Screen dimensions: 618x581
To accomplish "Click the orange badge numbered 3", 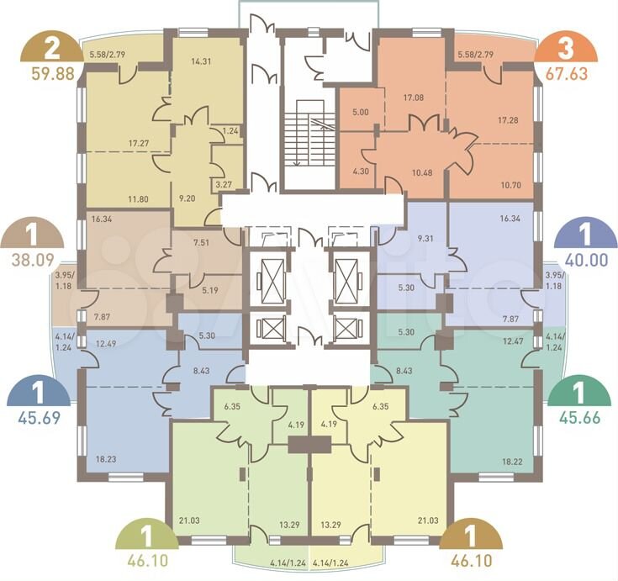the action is point(566,47).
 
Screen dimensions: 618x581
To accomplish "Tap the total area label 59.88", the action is point(53,74).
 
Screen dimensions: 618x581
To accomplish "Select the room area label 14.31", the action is point(201,61).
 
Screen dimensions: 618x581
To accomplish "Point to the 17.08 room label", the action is point(414,98).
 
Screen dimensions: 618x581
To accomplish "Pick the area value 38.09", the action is point(32,260).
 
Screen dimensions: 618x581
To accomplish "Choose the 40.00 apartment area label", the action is point(587,260).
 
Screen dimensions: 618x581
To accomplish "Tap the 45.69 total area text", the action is point(39,418).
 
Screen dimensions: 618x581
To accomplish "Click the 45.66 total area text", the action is point(580,417).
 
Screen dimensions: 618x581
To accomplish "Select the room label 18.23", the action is point(107,459).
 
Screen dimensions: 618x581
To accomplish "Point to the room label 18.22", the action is point(512,462).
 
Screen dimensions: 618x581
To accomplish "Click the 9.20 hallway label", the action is point(187,198).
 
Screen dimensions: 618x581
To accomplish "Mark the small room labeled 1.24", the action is point(230,131).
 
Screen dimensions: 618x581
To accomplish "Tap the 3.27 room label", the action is point(224,184).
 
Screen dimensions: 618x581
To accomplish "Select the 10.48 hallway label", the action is point(422,172).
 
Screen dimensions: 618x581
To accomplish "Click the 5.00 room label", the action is point(360,113).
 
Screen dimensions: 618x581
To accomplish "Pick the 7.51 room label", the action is point(201,242).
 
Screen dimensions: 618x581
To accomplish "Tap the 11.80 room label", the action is point(138,199).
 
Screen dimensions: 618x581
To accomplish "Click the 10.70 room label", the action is point(511,184).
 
